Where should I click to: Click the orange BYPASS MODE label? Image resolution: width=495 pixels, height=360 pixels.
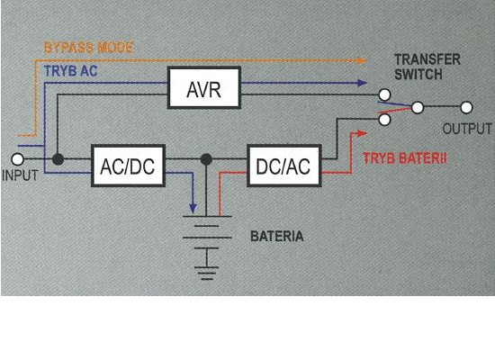tap(89, 48)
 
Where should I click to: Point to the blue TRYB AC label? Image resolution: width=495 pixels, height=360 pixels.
tap(71, 71)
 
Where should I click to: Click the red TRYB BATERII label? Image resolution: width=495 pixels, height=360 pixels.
tap(405, 158)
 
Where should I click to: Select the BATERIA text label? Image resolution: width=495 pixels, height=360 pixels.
tap(277, 236)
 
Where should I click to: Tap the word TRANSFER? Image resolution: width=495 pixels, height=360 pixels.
tap(427, 59)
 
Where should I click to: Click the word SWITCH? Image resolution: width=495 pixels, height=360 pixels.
tap(418, 75)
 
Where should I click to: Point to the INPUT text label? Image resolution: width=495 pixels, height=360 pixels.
tap(20, 175)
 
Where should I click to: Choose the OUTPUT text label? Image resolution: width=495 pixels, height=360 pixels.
tap(467, 129)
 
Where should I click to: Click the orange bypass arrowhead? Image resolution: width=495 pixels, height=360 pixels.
tap(362, 60)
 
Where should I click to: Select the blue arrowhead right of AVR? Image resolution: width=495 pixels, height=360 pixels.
tap(362, 83)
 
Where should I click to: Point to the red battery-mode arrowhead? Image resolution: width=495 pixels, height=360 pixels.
tap(362, 133)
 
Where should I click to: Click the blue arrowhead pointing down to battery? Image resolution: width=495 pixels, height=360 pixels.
tap(193, 209)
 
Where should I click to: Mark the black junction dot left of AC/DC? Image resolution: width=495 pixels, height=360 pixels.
tap(58, 159)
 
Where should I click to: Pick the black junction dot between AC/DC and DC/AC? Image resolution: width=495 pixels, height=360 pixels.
tap(206, 159)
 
